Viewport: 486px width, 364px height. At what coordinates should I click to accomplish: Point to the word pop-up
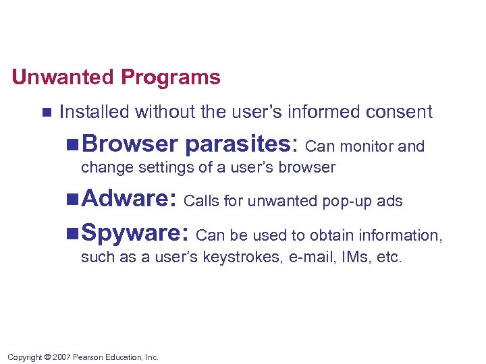(346, 201)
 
